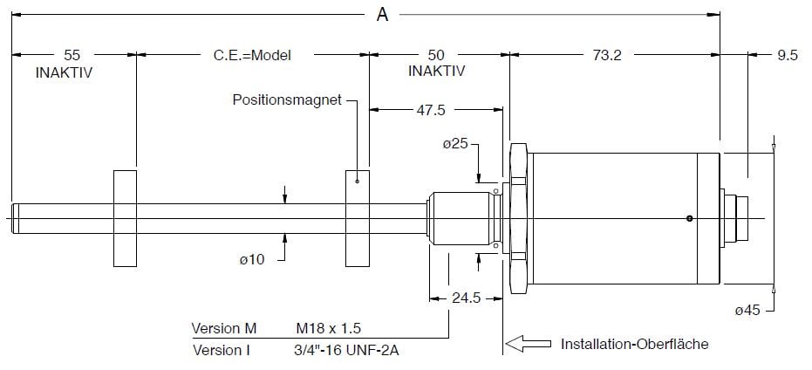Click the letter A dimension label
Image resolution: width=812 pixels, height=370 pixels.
[x=382, y=15]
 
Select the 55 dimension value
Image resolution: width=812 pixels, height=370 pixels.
[x=72, y=54]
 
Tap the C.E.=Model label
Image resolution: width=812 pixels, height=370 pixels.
[x=251, y=54]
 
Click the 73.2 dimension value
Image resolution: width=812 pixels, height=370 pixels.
[x=606, y=54]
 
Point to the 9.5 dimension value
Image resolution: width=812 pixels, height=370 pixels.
[x=787, y=54]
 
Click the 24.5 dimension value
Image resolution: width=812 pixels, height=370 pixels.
[x=465, y=297]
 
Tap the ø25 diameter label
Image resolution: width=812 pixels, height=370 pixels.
[x=456, y=144]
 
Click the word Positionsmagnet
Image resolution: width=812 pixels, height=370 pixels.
[x=287, y=99]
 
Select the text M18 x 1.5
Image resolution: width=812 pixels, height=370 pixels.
[x=329, y=329]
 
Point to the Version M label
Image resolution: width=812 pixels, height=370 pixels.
[x=224, y=329]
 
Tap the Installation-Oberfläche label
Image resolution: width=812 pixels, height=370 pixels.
[x=634, y=344]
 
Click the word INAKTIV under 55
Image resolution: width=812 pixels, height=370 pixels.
[x=64, y=72]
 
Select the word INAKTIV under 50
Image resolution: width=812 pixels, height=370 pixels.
[x=436, y=71]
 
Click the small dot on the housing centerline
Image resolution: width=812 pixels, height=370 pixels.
[x=689, y=218]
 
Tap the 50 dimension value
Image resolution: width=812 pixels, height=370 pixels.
[x=436, y=54]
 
